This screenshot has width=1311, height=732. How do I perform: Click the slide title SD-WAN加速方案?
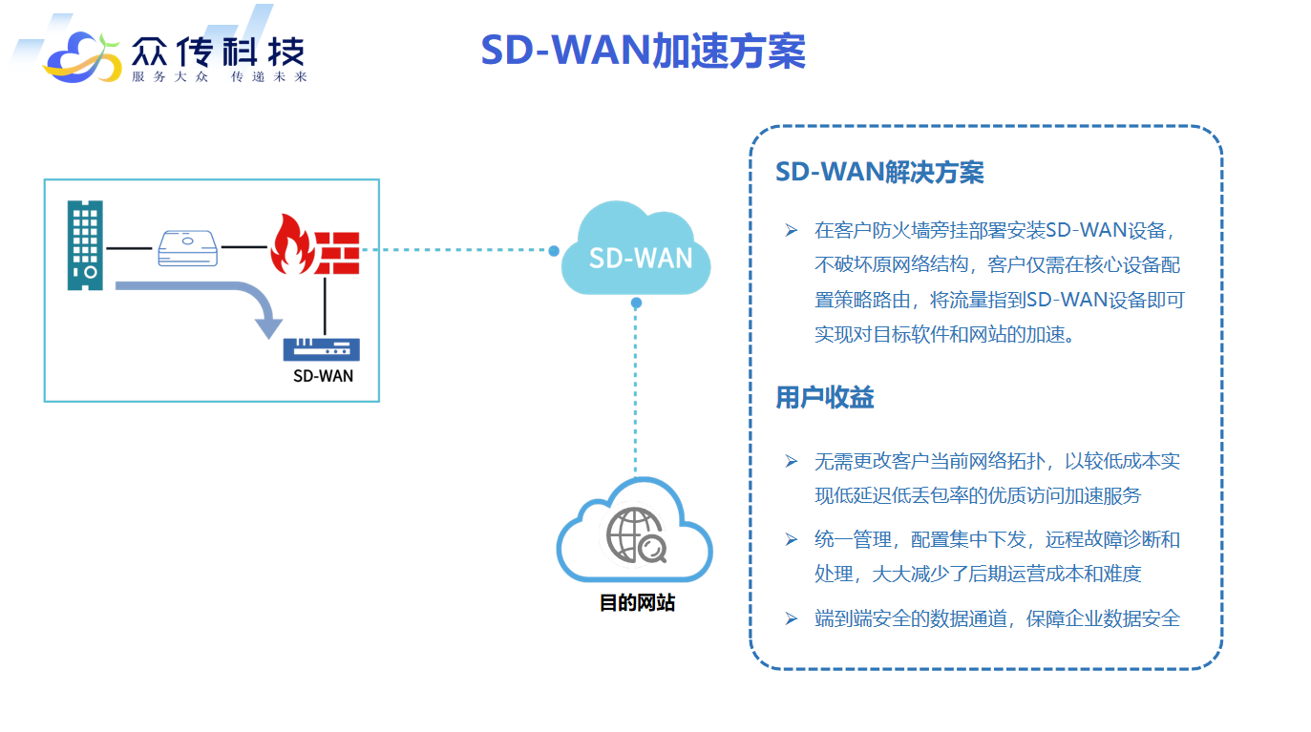[643, 51]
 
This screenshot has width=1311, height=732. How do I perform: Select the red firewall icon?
[313, 244]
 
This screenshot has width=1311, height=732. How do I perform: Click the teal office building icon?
[85, 244]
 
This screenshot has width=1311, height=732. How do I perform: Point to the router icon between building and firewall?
[187, 248]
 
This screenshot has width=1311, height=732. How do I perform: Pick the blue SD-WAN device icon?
[321, 348]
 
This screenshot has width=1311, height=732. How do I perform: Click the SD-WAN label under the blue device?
[323, 376]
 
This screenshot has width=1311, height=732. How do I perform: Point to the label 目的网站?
[636, 603]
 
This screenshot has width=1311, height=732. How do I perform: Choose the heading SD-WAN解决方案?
[879, 173]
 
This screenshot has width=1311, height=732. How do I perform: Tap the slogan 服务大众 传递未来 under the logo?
[219, 77]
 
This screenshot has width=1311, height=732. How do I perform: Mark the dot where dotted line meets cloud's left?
[554, 251]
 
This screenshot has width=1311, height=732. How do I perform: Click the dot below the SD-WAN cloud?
[636, 303]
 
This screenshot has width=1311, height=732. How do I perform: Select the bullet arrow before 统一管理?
[791, 540]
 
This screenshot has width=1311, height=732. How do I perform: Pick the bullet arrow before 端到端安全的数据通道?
[791, 618]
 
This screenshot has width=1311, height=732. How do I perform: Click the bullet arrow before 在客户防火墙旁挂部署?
[791, 230]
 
